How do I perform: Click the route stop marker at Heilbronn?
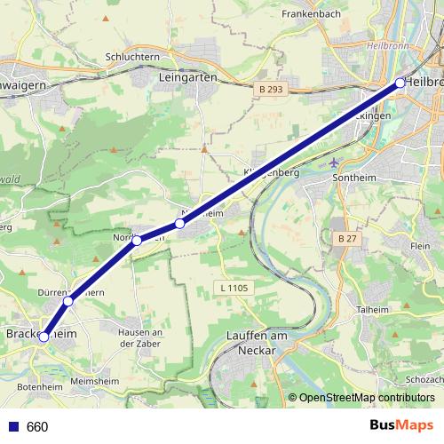coord(400,83)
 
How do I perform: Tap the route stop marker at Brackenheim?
coord(44,337)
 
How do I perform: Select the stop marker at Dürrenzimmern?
coord(68,301)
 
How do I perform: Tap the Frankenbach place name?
coord(311,14)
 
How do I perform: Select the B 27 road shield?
coord(346,239)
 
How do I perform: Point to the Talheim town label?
coord(372,309)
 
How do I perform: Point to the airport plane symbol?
coord(333,163)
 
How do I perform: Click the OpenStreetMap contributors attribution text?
coord(366,398)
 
